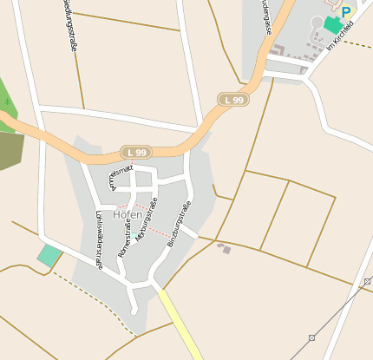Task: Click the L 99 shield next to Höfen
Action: point(132,152)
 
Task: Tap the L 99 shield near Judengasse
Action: point(233,100)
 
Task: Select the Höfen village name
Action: point(128,215)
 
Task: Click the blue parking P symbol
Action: point(346,12)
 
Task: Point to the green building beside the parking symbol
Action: point(333,24)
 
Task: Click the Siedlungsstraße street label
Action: point(69,26)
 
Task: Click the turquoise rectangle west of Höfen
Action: point(49,255)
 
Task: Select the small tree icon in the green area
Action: point(7,101)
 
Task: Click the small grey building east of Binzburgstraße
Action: point(225,249)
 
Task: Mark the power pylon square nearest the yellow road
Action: point(311,337)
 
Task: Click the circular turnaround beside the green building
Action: point(317,22)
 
